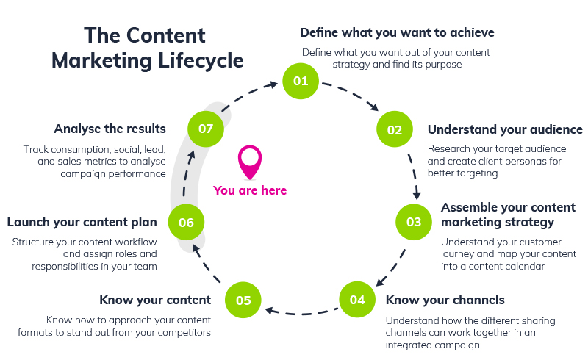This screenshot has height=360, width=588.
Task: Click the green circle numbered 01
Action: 301,81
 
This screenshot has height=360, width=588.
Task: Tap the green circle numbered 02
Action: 395,130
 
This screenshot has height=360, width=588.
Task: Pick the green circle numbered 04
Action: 357,299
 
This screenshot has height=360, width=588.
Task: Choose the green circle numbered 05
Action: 243,300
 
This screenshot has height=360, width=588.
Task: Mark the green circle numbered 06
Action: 186,222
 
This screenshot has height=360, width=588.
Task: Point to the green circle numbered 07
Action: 206,129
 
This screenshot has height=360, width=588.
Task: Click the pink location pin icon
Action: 250,162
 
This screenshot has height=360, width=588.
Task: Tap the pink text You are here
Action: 250,190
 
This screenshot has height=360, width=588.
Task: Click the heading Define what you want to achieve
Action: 397,32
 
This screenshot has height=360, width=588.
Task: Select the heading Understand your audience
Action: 505,129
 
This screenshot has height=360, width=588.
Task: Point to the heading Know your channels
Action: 445,299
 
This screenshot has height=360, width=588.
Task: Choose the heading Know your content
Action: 155,299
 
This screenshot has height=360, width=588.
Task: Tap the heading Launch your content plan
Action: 82,222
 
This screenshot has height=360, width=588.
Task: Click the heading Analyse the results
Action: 110,129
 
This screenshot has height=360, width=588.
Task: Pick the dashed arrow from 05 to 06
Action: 208,264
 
